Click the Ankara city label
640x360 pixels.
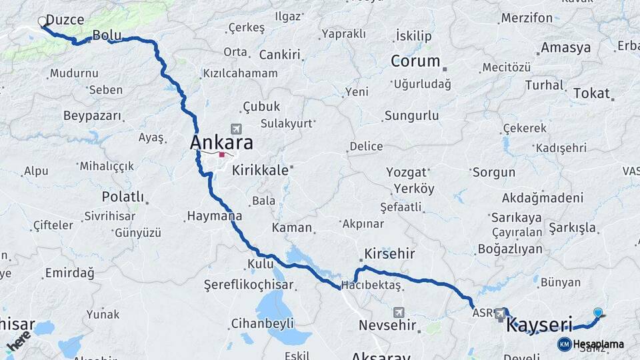[x=221, y=143]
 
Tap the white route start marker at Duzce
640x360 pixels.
[x=43, y=21]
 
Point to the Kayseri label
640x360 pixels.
[x=539, y=325]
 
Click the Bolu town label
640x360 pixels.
[x=106, y=35]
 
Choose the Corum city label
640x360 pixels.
[x=415, y=61]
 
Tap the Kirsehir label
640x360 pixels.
[x=389, y=254]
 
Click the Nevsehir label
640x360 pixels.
[x=387, y=326]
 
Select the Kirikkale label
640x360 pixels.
[x=260, y=170]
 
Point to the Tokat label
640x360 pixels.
[x=591, y=93]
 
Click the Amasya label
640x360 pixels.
[x=565, y=48]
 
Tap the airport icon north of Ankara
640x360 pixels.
[x=235, y=129]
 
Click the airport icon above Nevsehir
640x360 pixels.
[x=399, y=312]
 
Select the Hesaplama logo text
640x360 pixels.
[x=598, y=344]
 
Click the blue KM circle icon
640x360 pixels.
[x=564, y=344]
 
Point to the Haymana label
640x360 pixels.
[x=214, y=216]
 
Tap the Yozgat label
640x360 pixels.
[x=406, y=172]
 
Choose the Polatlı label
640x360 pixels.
[x=123, y=197]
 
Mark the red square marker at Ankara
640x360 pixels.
[x=221, y=155]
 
